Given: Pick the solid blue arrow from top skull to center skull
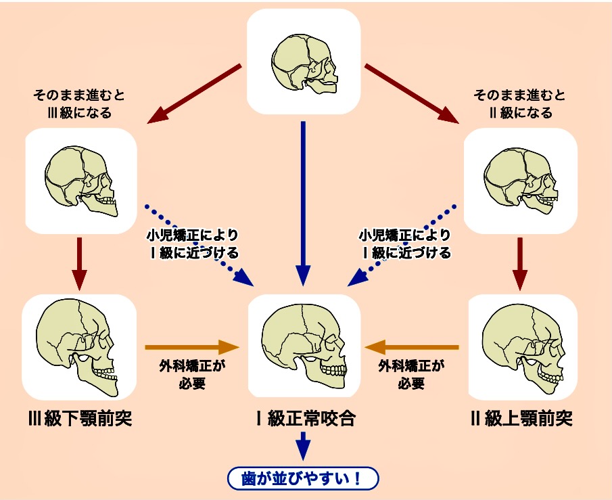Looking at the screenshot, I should [303, 203].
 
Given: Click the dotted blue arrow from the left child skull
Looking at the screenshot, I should [196, 244].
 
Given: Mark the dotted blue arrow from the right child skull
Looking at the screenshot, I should [406, 244].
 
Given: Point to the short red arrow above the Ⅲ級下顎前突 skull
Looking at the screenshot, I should [80, 264].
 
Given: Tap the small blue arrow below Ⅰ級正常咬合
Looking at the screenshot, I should [303, 447].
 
